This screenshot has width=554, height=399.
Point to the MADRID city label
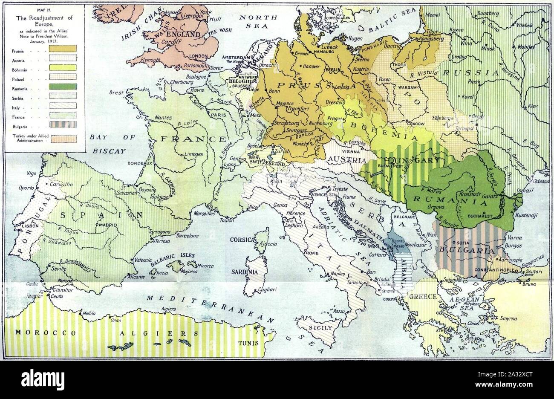(105, 224)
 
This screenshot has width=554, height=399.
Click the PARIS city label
(218, 115)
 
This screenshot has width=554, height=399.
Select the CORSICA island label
(242, 240)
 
